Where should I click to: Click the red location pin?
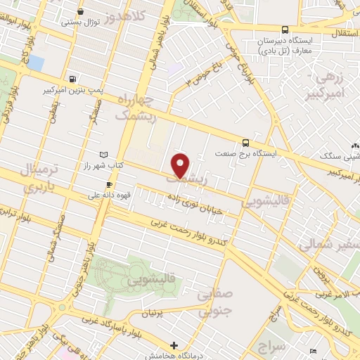coord(181,165)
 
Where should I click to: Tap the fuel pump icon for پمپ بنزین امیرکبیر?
coord(72,79)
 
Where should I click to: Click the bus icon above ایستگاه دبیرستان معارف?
coord(285,30)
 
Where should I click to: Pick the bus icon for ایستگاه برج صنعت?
coord(245,141)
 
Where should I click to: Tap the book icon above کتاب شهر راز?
coord(104,154)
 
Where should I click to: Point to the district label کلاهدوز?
coord(127,13)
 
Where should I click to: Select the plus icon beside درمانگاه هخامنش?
coord(174,344)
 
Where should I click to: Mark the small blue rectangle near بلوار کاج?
coord(35,63)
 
